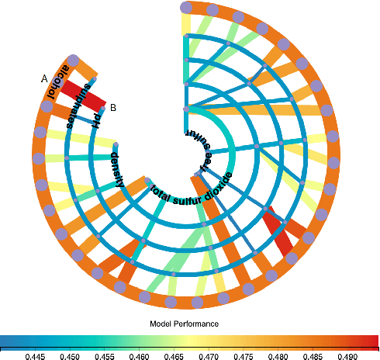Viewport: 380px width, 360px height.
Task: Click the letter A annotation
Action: pyautogui.click(x=43, y=78)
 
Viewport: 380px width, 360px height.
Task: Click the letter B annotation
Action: pyautogui.click(x=113, y=108)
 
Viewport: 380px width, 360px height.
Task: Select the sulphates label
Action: pyautogui.click(x=73, y=106)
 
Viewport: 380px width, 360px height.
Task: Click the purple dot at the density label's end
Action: pyautogui.click(x=116, y=144)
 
